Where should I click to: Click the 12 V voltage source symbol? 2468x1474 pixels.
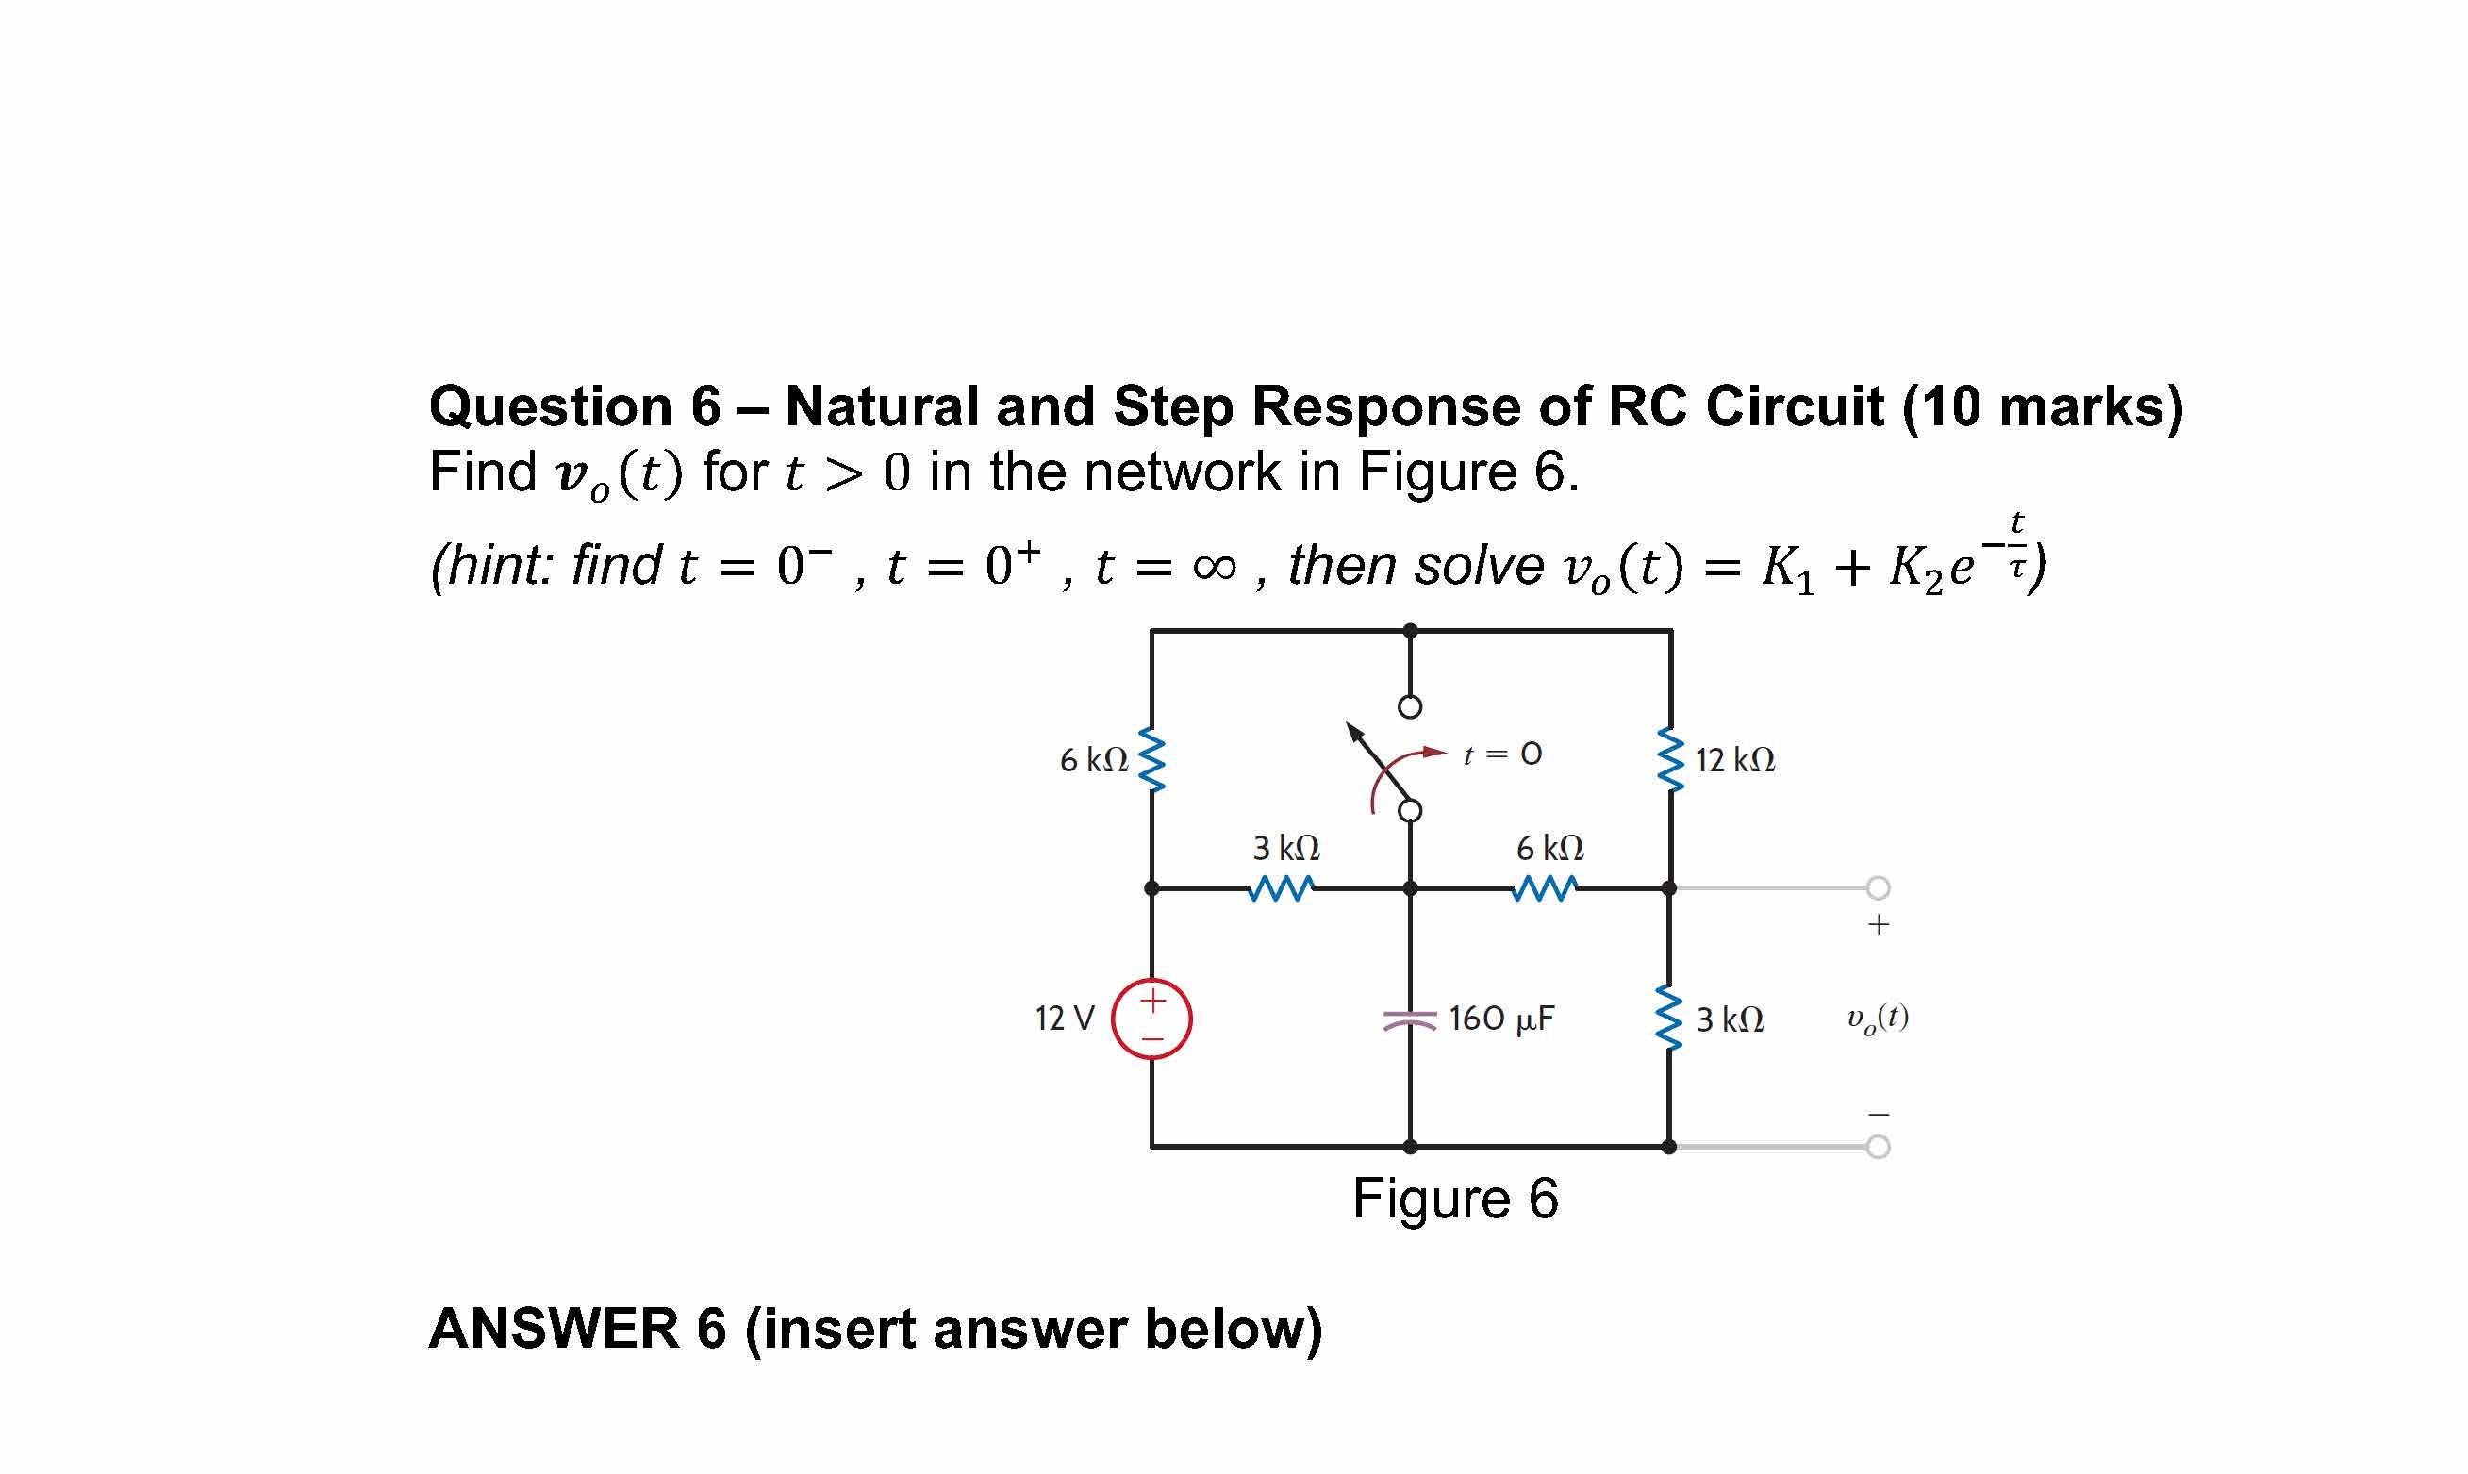click(x=1151, y=1019)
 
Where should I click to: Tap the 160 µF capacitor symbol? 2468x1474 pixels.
click(x=1409, y=1020)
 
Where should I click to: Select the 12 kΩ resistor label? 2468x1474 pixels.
click(x=1735, y=761)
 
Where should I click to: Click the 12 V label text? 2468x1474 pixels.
click(x=1065, y=1019)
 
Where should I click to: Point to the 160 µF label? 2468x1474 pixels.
click(x=1500, y=1019)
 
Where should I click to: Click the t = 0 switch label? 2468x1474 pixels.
click(x=1502, y=754)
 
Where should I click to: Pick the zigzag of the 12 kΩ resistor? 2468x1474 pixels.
click(x=1670, y=760)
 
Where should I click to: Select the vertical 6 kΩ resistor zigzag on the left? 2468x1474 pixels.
click(x=1151, y=760)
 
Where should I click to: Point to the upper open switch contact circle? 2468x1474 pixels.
click(x=1409, y=707)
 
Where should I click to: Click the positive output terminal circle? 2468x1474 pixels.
click(x=1877, y=887)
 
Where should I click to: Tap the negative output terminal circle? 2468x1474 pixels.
click(x=1877, y=1147)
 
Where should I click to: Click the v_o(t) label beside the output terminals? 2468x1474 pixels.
click(x=1877, y=1019)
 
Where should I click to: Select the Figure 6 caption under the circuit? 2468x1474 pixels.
click(x=1455, y=1199)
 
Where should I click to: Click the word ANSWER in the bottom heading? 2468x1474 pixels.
click(x=554, y=1329)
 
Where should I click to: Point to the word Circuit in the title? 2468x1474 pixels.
click(x=1795, y=406)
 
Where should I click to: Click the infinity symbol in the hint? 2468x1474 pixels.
click(x=1215, y=567)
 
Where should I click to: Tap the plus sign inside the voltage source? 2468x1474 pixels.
click(x=1152, y=1000)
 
